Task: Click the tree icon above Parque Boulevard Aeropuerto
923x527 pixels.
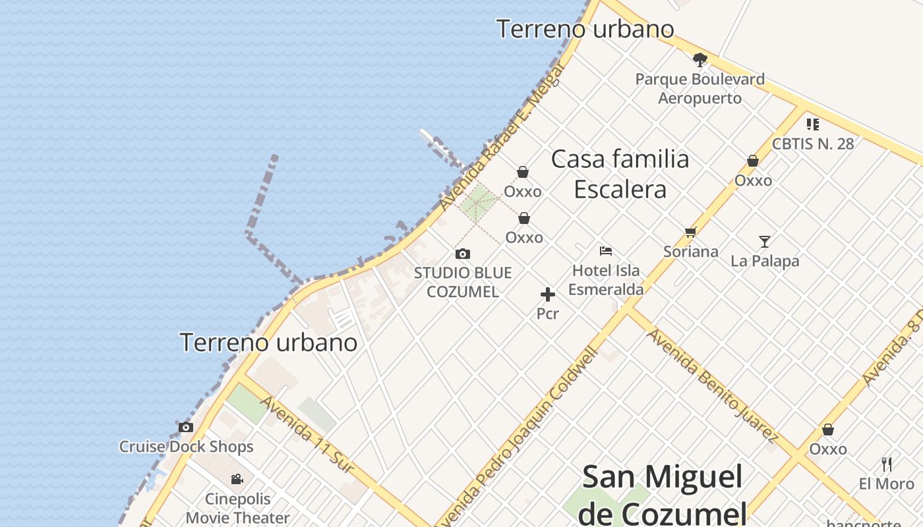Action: click(700, 60)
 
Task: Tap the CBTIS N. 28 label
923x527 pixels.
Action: click(812, 144)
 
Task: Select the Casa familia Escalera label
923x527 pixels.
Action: click(620, 174)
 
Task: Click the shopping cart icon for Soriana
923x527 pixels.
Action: click(690, 232)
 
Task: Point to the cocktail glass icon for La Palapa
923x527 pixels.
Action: click(765, 242)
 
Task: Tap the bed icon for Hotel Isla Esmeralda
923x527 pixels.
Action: click(606, 250)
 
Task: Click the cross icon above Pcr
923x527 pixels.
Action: click(547, 294)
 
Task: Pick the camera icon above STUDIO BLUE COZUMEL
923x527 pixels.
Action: click(463, 254)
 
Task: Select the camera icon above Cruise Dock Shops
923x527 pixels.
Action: click(186, 427)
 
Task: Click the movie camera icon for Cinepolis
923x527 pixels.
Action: click(237, 479)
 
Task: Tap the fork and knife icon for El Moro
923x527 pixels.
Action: click(887, 464)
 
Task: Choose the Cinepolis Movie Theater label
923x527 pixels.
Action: click(237, 508)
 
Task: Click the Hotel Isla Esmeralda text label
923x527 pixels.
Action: click(606, 280)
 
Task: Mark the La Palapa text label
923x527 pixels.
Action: click(765, 261)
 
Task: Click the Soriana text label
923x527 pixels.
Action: click(690, 251)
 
